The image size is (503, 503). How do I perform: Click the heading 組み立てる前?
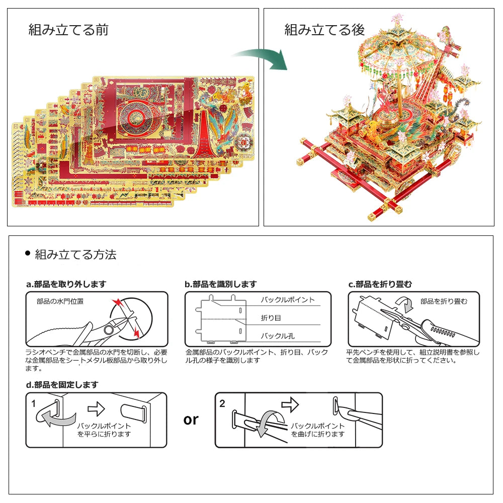pyautogui.click(x=68, y=30)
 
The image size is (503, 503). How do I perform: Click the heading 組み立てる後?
pyautogui.click(x=324, y=30)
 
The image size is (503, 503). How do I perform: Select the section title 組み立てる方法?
pyautogui.click(x=75, y=255)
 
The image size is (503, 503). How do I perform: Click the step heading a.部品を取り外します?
pyautogui.click(x=66, y=284)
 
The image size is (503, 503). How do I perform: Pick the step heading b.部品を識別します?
pyautogui.click(x=221, y=284)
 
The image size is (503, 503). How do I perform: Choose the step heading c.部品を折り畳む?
pyautogui.click(x=380, y=284)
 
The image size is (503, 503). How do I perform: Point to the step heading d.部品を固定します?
pyautogui.click(x=62, y=385)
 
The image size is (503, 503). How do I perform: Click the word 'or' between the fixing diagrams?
pyautogui.click(x=191, y=420)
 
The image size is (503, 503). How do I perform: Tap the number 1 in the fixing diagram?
pyautogui.click(x=34, y=403)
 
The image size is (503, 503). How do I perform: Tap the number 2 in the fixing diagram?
pyautogui.click(x=222, y=403)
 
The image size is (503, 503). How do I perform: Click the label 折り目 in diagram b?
pyautogui.click(x=271, y=318)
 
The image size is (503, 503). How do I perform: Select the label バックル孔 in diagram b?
pyautogui.click(x=278, y=336)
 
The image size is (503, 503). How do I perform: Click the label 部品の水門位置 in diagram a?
pyautogui.click(x=60, y=302)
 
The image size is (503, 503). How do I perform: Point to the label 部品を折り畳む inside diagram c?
pyautogui.click(x=444, y=301)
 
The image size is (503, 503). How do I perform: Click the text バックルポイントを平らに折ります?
pyautogui.click(x=104, y=430)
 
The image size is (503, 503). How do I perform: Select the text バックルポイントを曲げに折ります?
pyautogui.click(x=318, y=430)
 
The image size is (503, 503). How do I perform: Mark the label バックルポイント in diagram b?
pyautogui.click(x=288, y=300)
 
